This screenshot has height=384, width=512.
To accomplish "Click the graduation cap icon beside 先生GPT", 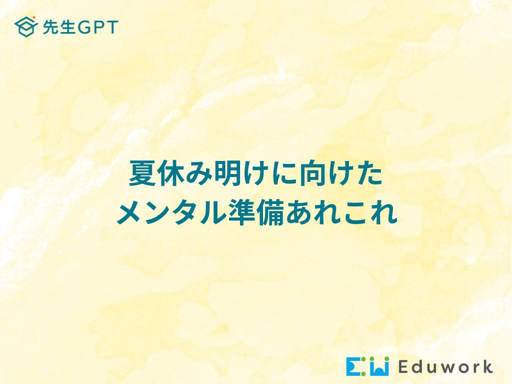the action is [x=26, y=27].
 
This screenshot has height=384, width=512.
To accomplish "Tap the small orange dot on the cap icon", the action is [x=34, y=17].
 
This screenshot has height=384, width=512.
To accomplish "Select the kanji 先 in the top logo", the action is [x=50, y=27].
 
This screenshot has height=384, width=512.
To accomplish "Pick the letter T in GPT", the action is [x=111, y=27].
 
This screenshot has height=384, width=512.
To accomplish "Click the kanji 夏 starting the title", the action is [x=142, y=173].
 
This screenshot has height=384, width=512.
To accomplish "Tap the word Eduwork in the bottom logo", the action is [x=445, y=366].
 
